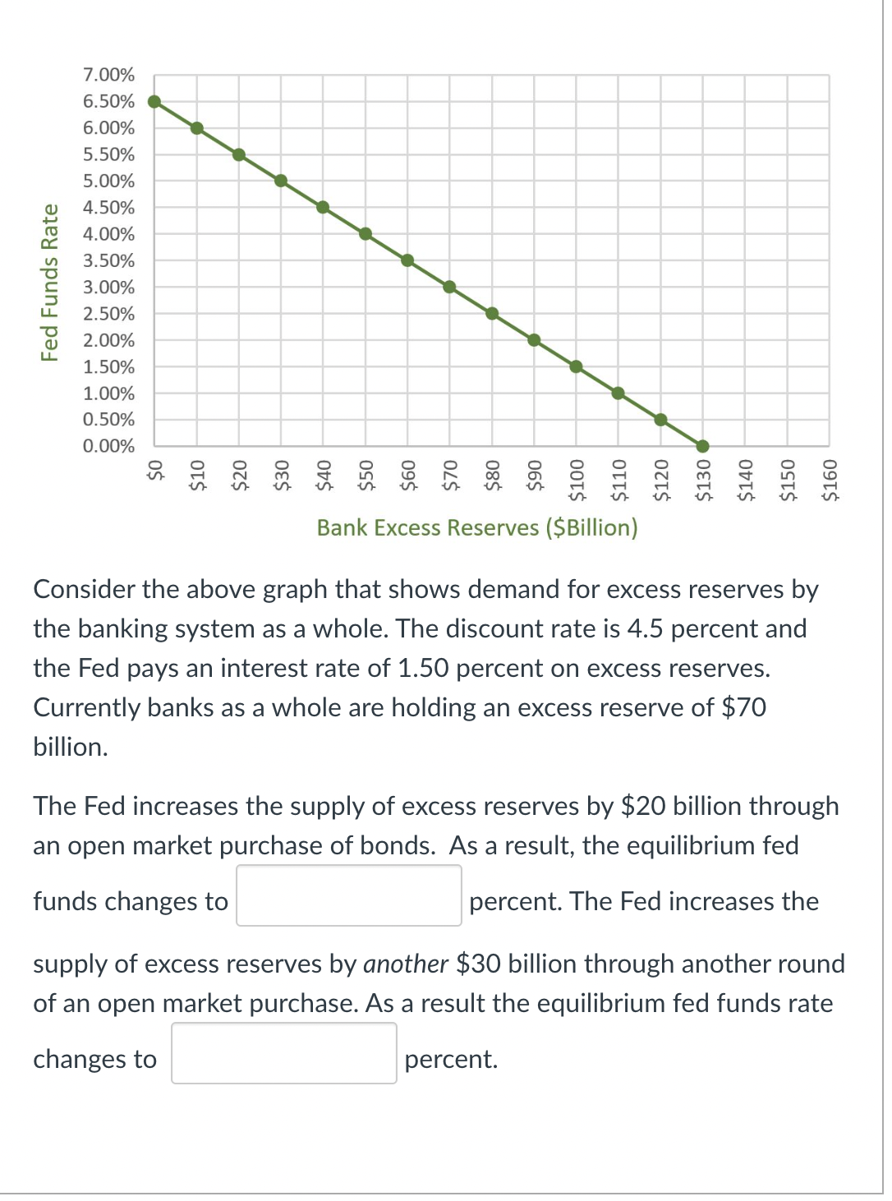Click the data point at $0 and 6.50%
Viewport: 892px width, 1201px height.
[154, 102]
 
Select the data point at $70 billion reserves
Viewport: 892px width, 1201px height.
[449, 287]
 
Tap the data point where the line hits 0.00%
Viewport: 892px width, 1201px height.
[702, 446]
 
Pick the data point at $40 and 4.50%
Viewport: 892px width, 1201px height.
[323, 207]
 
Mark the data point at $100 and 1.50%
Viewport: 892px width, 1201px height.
[576, 366]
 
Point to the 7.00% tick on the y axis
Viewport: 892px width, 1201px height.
[108, 75]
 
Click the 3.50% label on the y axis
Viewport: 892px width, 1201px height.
[108, 260]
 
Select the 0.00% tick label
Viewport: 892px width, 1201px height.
[108, 446]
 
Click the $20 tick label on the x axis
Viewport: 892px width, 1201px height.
[239, 476]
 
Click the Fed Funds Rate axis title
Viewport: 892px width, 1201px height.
[50, 283]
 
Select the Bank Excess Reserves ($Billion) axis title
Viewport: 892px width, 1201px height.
[477, 527]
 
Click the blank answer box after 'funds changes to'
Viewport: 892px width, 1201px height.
[349, 895]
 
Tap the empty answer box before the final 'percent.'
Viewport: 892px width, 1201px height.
[284, 1053]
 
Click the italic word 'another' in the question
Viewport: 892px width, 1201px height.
[406, 964]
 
